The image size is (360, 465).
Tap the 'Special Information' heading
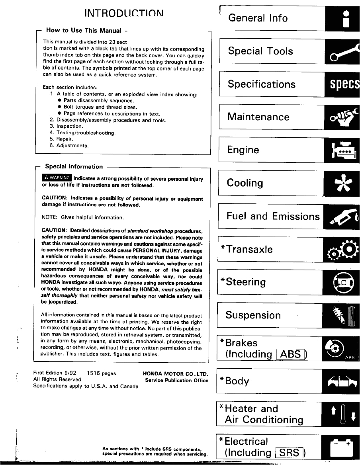[x=74, y=166]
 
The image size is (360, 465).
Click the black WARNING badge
[x=57, y=178]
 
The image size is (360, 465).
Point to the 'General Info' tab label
[x=258, y=18]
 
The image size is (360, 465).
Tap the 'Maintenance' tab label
[x=258, y=117]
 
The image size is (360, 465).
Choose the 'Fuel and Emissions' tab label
[x=273, y=216]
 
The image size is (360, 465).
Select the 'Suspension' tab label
[x=253, y=315]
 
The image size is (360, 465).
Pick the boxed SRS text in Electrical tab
[x=290, y=453]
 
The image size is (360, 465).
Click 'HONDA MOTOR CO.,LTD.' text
[x=176, y=373]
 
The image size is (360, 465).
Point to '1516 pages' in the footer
[x=101, y=373]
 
